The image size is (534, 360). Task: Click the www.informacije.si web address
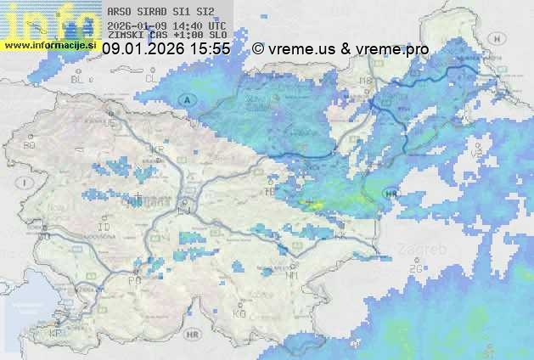[51, 44]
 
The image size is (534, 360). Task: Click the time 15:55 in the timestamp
[210, 50]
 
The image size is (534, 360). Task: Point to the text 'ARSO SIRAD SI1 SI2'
[155, 12]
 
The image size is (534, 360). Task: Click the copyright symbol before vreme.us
[258, 50]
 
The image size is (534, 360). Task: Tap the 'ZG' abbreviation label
[415, 269]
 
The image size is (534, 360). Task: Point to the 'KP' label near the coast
[57, 333]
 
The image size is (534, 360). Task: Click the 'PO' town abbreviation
[133, 280]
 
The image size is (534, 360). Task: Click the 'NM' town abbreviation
[293, 275]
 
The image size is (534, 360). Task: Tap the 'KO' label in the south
[239, 313]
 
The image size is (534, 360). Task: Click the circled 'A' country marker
[186, 100]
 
